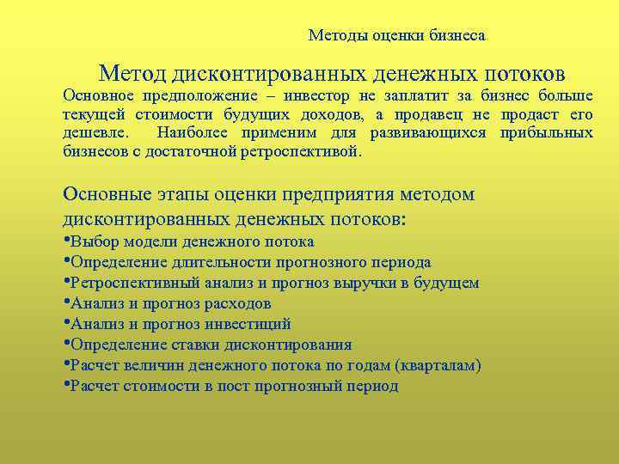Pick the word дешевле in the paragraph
pos(94,134)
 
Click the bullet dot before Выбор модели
pos(67,241)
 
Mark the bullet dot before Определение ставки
pos(67,344)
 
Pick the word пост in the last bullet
pos(230,387)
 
